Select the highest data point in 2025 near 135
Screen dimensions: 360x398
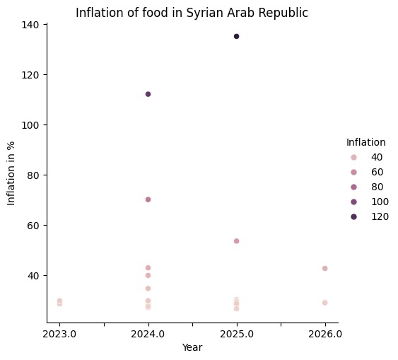pyautogui.click(x=236, y=36)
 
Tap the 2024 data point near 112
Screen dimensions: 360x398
pyautogui.click(x=148, y=94)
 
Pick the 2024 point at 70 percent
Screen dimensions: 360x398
pyautogui.click(x=148, y=199)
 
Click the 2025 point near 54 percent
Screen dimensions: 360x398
pyautogui.click(x=236, y=241)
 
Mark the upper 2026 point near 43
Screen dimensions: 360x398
pyautogui.click(x=324, y=269)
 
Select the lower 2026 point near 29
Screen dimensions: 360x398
pyautogui.click(x=324, y=303)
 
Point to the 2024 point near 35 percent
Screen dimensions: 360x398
pyautogui.click(x=148, y=289)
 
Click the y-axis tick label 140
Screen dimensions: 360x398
pyautogui.click(x=33, y=25)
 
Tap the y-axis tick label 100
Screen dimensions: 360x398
pyautogui.click(x=33, y=125)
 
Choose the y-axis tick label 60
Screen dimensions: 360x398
pyautogui.click(x=35, y=226)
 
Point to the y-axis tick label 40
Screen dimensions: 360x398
pyautogui.click(x=35, y=276)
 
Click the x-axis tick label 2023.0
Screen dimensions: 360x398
pyautogui.click(x=59, y=333)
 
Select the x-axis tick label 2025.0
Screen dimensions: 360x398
pyautogui.click(x=236, y=333)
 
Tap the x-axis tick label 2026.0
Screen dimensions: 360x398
pyautogui.click(x=324, y=333)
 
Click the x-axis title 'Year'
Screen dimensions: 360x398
pyautogui.click(x=192, y=347)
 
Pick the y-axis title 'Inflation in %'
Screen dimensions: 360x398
pyautogui.click(x=11, y=173)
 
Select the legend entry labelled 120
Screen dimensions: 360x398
pyautogui.click(x=380, y=216)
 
